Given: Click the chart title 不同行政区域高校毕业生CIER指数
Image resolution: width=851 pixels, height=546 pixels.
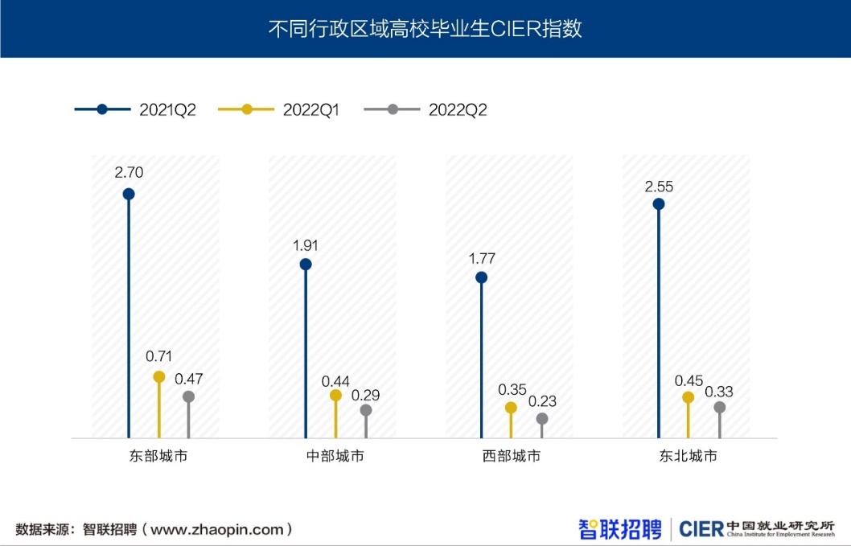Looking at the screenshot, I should [425, 30].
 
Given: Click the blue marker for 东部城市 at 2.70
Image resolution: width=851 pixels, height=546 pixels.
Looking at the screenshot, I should [129, 194].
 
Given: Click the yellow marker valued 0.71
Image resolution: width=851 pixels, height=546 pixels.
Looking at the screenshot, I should [158, 376].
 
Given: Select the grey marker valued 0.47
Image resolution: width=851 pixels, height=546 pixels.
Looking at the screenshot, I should [188, 396].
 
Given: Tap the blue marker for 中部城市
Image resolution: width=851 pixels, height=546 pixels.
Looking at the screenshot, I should [306, 264].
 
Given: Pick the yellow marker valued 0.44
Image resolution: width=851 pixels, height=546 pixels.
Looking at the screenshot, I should [335, 395].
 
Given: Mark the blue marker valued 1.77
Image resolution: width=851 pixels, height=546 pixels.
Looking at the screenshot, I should [481, 277].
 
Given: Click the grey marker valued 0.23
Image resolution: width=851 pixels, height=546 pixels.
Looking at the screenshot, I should [542, 419].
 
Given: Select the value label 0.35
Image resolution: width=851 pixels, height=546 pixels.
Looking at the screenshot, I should [512, 389].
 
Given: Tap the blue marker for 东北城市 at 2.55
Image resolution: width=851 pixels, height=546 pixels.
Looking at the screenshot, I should [659, 204].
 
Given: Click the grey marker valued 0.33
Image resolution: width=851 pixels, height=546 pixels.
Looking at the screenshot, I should [720, 408].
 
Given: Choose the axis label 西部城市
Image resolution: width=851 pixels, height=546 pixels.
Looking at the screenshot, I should [512, 457].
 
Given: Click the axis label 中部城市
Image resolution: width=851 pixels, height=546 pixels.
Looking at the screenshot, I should [335, 457].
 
